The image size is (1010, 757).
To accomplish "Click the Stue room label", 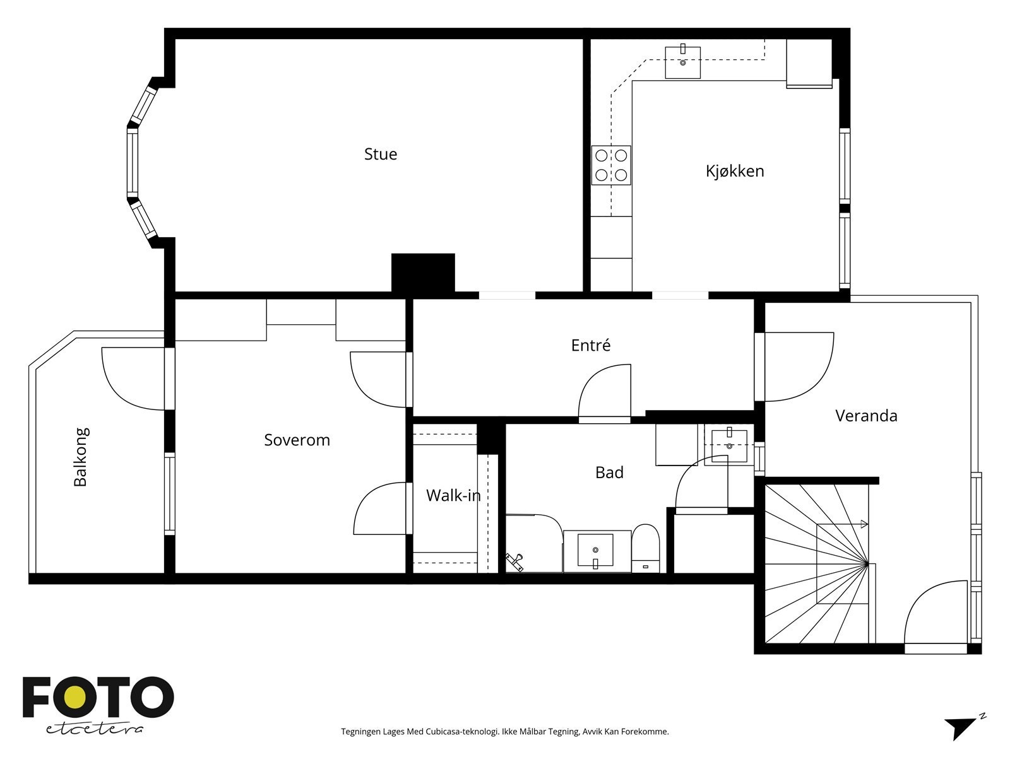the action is point(381,154).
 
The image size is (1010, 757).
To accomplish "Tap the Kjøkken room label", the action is point(735,171).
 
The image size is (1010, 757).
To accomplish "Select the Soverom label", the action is point(297,440).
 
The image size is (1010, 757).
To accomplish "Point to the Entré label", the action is point(591,345).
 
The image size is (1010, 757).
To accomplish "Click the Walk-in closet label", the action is point(453,495).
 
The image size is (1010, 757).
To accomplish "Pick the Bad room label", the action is point(609,472).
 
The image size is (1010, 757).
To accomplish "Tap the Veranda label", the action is point(866,416).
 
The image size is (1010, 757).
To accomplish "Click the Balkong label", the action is point(81,457).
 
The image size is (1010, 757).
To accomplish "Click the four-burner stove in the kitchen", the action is point(611,165).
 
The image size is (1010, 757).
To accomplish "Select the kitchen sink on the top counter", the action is point(683,62).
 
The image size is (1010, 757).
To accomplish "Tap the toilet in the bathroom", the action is point(646,548).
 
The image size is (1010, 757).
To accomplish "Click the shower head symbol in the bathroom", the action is point(515,562).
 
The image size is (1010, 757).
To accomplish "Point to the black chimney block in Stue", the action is point(423,273).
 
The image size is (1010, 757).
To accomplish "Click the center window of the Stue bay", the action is point(133,162).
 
